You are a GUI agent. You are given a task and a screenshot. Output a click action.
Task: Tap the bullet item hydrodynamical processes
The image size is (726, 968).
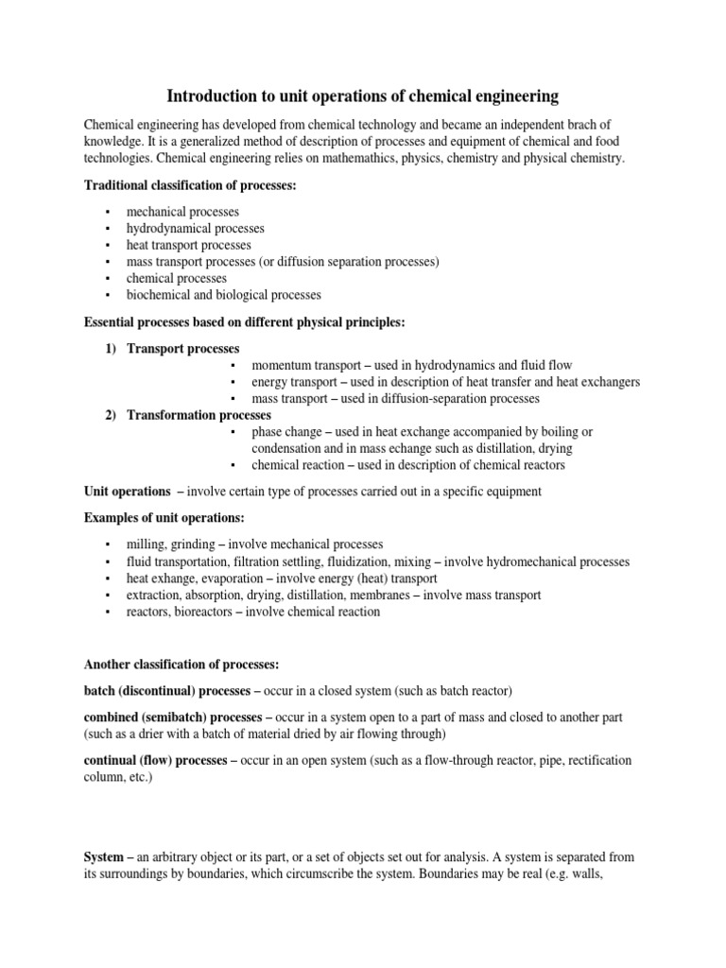(x=196, y=228)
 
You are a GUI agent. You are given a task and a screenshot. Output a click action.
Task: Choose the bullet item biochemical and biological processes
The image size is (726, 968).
(x=224, y=295)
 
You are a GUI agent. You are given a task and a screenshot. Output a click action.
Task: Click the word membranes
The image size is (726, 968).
(x=387, y=595)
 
